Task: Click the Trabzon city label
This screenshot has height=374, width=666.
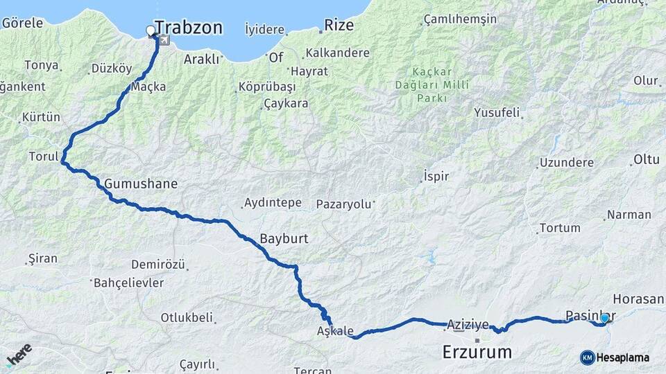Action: tap(189, 28)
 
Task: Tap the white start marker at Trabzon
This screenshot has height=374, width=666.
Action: tap(151, 30)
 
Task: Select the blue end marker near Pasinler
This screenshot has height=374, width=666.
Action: tap(604, 318)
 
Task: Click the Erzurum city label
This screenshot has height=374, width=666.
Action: tap(477, 353)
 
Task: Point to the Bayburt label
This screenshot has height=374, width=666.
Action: tap(284, 239)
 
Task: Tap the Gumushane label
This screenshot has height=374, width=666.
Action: tap(142, 184)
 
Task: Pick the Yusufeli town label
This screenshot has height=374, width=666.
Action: tap(497, 112)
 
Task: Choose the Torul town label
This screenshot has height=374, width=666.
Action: tap(43, 157)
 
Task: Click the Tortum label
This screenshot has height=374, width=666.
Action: tap(560, 228)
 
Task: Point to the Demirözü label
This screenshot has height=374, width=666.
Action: tap(158, 265)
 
